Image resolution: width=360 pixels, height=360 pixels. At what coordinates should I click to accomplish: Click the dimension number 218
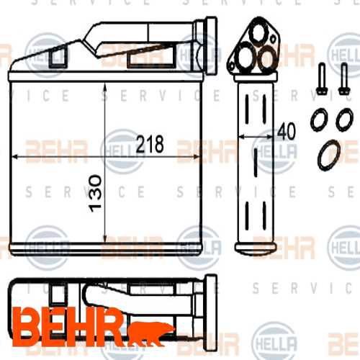point(150,144)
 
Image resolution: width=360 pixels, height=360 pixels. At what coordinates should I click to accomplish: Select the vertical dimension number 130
point(96,194)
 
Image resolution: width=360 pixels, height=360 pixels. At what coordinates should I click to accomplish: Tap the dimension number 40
point(287,131)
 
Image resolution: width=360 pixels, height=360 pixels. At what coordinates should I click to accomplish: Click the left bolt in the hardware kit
point(322,78)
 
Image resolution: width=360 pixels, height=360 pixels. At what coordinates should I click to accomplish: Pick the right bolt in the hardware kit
point(343,78)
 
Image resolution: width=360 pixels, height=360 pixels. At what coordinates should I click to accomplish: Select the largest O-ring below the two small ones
point(329,155)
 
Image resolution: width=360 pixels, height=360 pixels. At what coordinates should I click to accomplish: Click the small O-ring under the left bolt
point(320,120)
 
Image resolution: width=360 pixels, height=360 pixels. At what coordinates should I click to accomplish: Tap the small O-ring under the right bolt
point(345,120)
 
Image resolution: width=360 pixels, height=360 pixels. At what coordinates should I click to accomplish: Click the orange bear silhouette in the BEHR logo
point(150,333)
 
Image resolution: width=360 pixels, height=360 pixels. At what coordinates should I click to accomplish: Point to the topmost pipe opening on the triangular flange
point(258,32)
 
